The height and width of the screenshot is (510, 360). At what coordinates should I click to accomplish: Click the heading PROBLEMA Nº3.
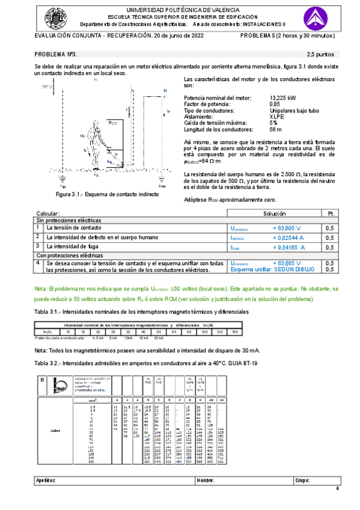(x=56, y=54)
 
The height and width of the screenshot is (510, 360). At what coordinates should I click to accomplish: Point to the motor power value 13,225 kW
(x=282, y=98)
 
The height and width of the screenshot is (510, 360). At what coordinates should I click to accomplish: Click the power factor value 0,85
(x=275, y=104)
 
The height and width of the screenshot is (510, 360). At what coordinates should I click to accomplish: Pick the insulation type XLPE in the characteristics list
(x=276, y=117)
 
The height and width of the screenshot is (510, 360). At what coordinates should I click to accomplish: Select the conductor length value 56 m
(x=276, y=129)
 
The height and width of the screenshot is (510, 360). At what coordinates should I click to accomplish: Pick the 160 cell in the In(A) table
(x=235, y=332)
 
